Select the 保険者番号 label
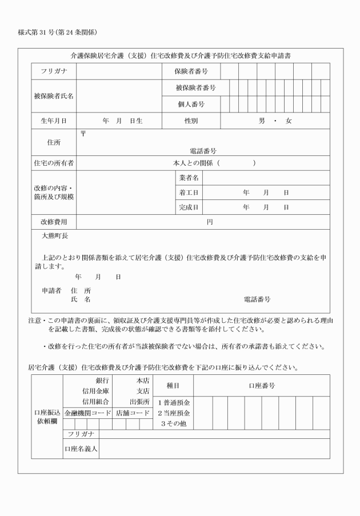pyautogui.click(x=191, y=71)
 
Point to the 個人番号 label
pyautogui.click(x=191, y=105)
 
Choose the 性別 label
pyautogui.click(x=191, y=121)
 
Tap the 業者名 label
pyautogui.click(x=189, y=178)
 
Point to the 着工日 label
pyautogui.click(x=189, y=193)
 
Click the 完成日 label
pyautogui.click(x=189, y=207)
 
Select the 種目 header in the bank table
pyautogui.click(x=174, y=386)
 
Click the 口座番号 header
pyautogui.click(x=262, y=386)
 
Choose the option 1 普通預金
pyautogui.click(x=174, y=403)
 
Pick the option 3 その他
pyautogui.click(x=174, y=423)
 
